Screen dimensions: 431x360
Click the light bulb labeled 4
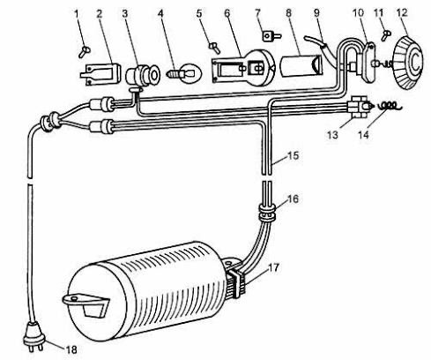coord(184,72)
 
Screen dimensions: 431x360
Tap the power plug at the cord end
coord(33,336)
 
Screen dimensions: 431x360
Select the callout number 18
coord(71,349)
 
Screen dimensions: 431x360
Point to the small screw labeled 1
coord(85,52)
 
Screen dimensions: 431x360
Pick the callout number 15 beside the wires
coord(294,155)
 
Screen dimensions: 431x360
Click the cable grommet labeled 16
coord(267,213)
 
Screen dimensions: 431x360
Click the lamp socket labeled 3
coord(143,76)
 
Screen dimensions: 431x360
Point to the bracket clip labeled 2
coord(100,74)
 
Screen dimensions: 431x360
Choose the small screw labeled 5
coord(215,49)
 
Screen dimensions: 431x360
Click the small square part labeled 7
coord(271,37)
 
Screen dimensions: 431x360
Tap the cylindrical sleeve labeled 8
coord(301,65)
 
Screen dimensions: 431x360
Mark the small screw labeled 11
coord(386,36)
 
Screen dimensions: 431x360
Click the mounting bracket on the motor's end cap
coord(85,305)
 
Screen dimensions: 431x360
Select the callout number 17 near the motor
coord(274,268)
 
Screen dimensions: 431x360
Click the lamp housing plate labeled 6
coord(243,68)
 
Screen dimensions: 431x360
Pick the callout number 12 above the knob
coord(402,13)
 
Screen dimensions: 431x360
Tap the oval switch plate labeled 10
coord(369,63)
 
